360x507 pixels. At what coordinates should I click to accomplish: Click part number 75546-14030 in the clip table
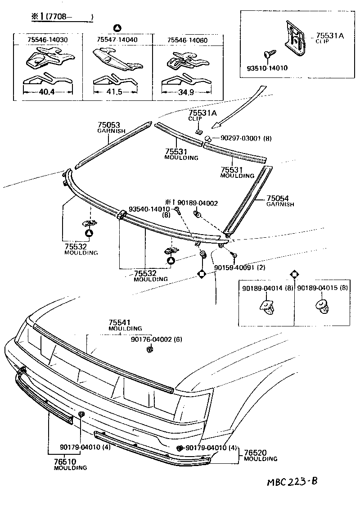point(47,40)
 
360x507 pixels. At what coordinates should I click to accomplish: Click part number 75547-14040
point(117,40)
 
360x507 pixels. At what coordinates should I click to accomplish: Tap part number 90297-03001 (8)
point(246,139)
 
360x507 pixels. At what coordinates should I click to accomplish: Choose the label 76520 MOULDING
point(260,455)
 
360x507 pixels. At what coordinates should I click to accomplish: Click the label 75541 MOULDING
point(125,325)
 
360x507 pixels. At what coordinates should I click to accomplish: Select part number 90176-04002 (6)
point(156,340)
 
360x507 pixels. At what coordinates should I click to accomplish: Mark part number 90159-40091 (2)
point(239,267)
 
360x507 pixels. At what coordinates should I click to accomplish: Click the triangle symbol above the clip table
point(116,27)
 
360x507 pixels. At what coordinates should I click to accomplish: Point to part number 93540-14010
point(149,209)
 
